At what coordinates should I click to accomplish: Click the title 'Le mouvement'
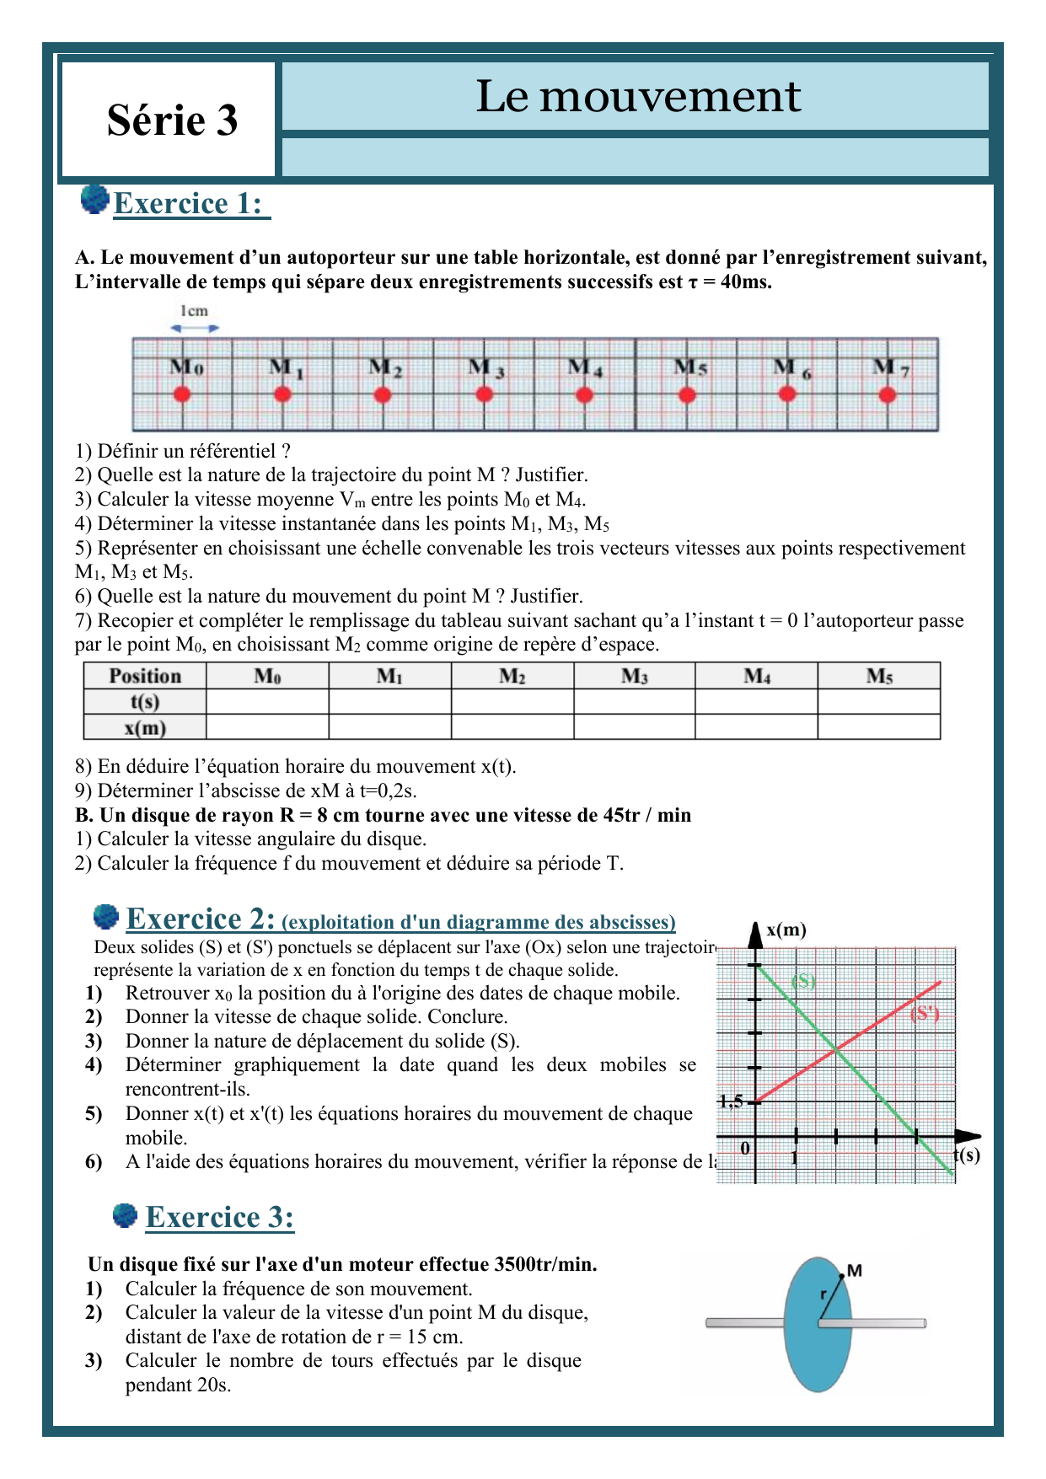click(x=638, y=96)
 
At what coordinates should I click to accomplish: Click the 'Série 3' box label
click(x=172, y=120)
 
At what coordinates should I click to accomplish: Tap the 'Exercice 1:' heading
click(x=189, y=204)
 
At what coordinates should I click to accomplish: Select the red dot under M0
click(x=182, y=394)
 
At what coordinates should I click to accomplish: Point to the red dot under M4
click(x=584, y=394)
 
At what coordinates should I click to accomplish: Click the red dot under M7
click(x=887, y=394)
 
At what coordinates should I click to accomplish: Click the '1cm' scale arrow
click(x=195, y=328)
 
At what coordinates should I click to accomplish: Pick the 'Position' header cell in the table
click(x=145, y=676)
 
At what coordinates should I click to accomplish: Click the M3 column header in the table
click(x=634, y=676)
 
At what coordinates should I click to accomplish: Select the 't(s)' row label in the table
click(x=145, y=702)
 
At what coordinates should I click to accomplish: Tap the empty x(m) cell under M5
click(x=878, y=727)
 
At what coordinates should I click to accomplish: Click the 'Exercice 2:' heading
click(x=201, y=919)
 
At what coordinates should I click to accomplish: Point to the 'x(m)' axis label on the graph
click(x=786, y=930)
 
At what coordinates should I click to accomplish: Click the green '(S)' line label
click(x=803, y=981)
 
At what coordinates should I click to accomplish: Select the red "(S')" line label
click(x=925, y=1014)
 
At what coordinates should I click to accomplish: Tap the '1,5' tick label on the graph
click(x=731, y=1101)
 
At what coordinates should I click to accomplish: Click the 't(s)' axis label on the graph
click(x=967, y=1155)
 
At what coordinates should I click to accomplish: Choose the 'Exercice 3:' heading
click(x=219, y=1217)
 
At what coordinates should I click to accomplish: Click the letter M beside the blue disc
click(x=854, y=1271)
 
